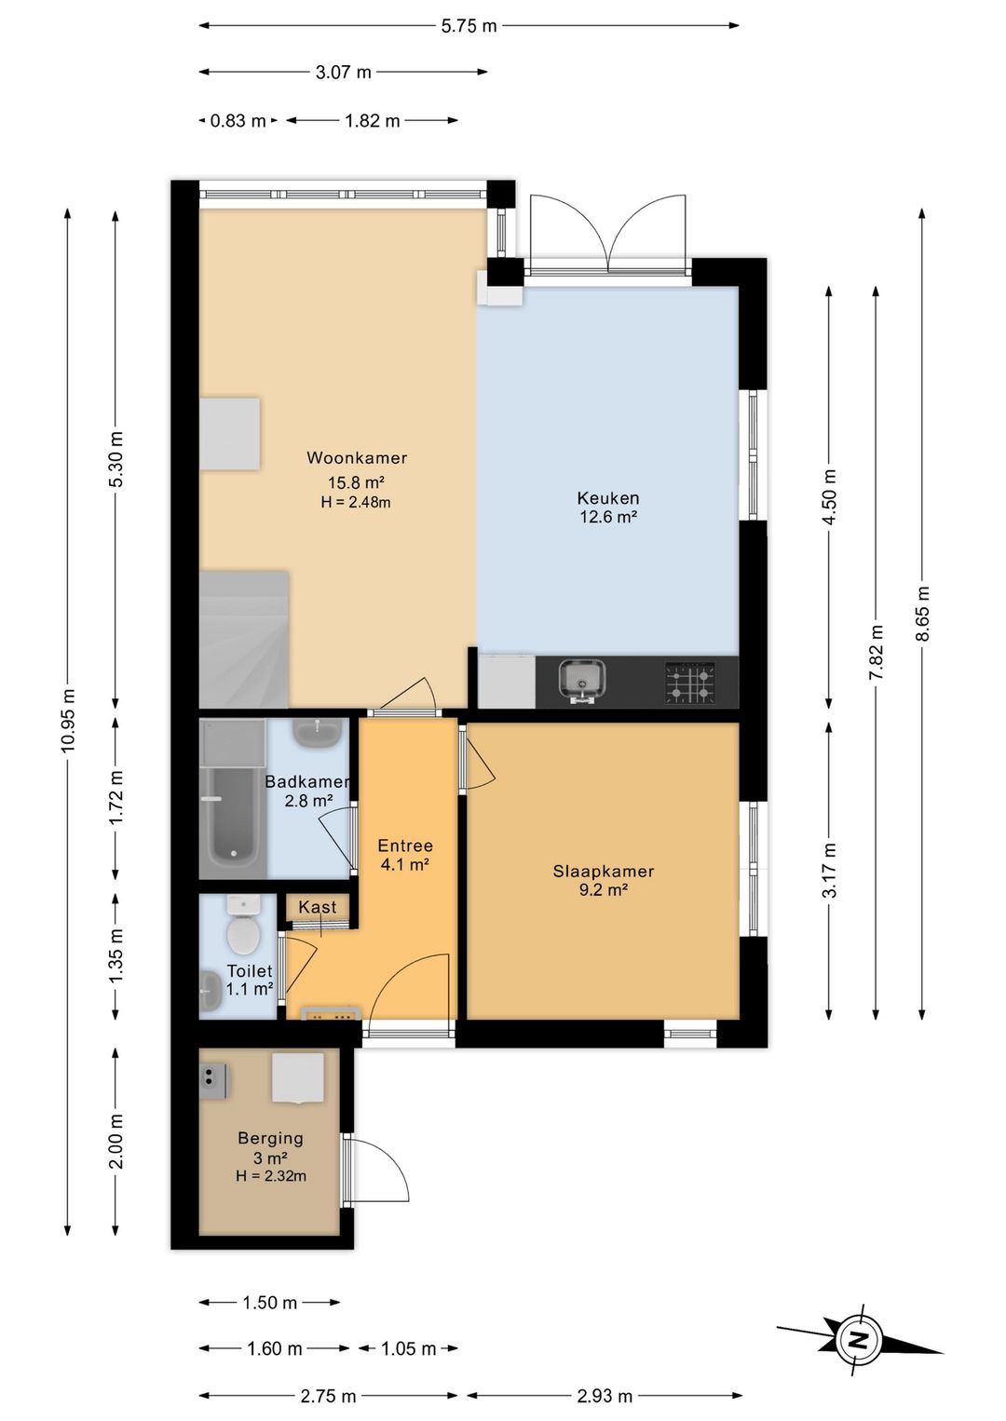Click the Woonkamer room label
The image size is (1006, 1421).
[357, 457]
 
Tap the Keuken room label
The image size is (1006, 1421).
[608, 498]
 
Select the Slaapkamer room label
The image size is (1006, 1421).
[603, 871]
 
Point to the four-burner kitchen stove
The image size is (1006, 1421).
[690, 682]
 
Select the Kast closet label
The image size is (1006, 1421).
[318, 907]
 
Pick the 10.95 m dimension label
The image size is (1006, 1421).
[68, 720]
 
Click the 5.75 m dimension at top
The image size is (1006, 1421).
[469, 26]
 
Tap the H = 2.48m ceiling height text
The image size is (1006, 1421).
[356, 503]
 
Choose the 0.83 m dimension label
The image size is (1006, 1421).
[238, 120]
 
